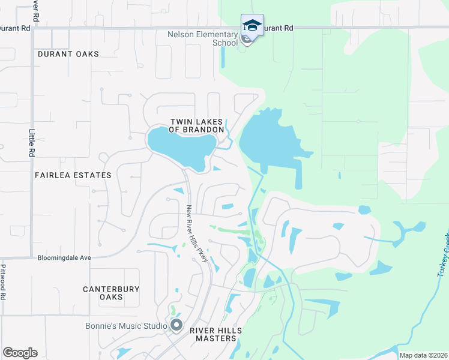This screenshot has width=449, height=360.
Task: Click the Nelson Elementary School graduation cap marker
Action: coord(252,26)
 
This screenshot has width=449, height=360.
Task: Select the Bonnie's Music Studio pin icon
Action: coord(176,326)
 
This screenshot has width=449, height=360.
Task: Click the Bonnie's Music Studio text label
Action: coord(125,326)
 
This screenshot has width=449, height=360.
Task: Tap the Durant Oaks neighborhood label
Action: coord(68,54)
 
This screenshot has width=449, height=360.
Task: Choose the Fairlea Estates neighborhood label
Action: coord(73,175)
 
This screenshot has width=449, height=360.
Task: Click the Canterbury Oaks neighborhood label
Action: coord(111,293)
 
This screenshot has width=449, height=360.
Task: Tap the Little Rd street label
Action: coord(32,143)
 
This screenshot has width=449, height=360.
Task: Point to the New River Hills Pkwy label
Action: coord(196,233)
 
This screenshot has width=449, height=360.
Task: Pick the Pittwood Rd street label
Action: coord(4,282)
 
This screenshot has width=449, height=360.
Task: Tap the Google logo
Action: coord(20,353)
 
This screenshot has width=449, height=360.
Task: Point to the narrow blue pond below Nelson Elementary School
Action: coord(223,57)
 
